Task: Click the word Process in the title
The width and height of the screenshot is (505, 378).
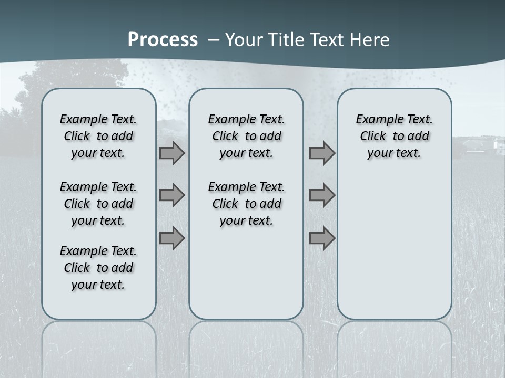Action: pos(163,40)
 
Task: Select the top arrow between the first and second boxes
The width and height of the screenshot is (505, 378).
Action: pos(171,153)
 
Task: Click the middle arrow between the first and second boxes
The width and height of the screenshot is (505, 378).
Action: pos(171,195)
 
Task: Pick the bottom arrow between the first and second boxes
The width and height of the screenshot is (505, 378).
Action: pos(171,238)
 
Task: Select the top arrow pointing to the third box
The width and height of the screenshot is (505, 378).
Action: pos(322,153)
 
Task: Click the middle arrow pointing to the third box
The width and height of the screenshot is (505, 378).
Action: pos(322,195)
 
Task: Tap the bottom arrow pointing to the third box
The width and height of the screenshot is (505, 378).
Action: pos(322,238)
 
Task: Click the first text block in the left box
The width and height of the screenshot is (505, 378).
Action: pos(98,136)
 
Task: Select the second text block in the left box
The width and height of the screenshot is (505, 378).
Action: pos(98,204)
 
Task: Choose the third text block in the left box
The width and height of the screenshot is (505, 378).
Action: pos(98,268)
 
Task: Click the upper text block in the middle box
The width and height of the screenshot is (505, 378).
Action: pos(246,136)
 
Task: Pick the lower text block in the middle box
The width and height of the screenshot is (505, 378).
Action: pos(246,204)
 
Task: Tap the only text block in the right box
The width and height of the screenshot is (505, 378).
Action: pos(394,136)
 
